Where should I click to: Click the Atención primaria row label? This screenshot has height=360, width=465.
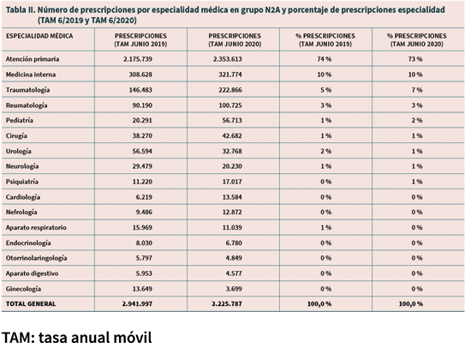pyautogui.click(x=33, y=59)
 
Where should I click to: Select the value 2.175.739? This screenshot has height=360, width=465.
pyautogui.click(x=138, y=59)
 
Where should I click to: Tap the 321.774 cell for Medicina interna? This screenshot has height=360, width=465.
pyautogui.click(x=230, y=75)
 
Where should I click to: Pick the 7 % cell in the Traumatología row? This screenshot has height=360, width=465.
pyautogui.click(x=417, y=90)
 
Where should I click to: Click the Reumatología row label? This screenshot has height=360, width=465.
pyautogui.click(x=27, y=105)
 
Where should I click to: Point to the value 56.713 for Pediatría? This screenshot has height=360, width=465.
pyautogui.click(x=232, y=121)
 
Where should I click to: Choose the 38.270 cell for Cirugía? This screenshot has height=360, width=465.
pyautogui.click(x=142, y=136)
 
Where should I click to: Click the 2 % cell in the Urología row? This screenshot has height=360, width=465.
pyautogui.click(x=325, y=152)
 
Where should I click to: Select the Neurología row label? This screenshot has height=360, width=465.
pyautogui.click(x=22, y=166)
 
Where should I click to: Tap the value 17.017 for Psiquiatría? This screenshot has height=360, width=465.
pyautogui.click(x=232, y=182)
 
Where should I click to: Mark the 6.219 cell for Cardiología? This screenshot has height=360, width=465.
pyautogui.click(x=144, y=197)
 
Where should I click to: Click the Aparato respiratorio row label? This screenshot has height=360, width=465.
pyautogui.click(x=36, y=228)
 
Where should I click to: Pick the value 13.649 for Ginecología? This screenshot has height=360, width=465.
pyautogui.click(x=142, y=289)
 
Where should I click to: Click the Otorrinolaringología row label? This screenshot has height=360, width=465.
pyautogui.click(x=37, y=258)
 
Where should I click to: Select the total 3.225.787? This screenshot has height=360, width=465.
pyautogui.click(x=227, y=304)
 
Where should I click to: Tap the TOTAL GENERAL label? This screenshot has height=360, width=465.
pyautogui.click(x=31, y=304)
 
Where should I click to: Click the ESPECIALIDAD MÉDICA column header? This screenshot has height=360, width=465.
pyautogui.click(x=39, y=36)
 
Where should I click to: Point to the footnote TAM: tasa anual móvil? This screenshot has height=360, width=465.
pyautogui.click(x=77, y=338)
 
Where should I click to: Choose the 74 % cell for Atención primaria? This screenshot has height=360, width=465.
pyautogui.click(x=325, y=59)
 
